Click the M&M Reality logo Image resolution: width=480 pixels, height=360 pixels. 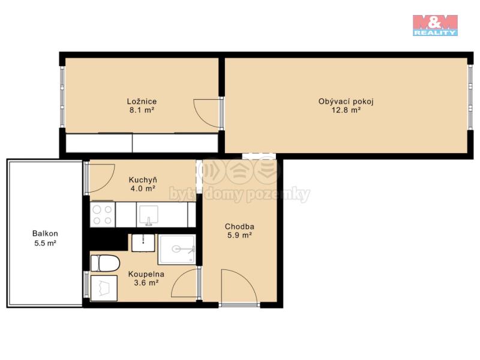pyautogui.click(x=435, y=25)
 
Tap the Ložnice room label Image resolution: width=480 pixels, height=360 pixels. pyautogui.click(x=142, y=101)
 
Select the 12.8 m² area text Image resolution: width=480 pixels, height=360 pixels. pyautogui.click(x=346, y=110)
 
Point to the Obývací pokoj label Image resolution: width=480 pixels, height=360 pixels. pyautogui.click(x=346, y=101)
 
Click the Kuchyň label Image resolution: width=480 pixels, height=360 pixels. pyautogui.click(x=143, y=179)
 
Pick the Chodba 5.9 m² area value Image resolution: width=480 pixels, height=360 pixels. pyautogui.click(x=239, y=235)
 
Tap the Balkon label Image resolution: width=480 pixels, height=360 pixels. pyautogui.click(x=45, y=233)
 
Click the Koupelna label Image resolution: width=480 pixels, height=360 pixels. pyautogui.click(x=146, y=274)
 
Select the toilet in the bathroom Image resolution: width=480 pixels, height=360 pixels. pyautogui.click(x=105, y=263)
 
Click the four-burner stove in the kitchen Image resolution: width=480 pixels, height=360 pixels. pyautogui.click(x=103, y=215)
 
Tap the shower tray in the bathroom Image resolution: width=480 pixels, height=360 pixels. pyautogui.click(x=177, y=250)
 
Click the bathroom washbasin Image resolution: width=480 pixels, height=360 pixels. pyautogui.click(x=143, y=243)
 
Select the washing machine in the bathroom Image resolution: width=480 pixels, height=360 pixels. pyautogui.click(x=104, y=288)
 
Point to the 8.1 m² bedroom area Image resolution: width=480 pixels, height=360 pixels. pyautogui.click(x=142, y=110)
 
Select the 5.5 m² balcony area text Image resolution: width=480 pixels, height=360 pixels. pyautogui.click(x=45, y=244)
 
